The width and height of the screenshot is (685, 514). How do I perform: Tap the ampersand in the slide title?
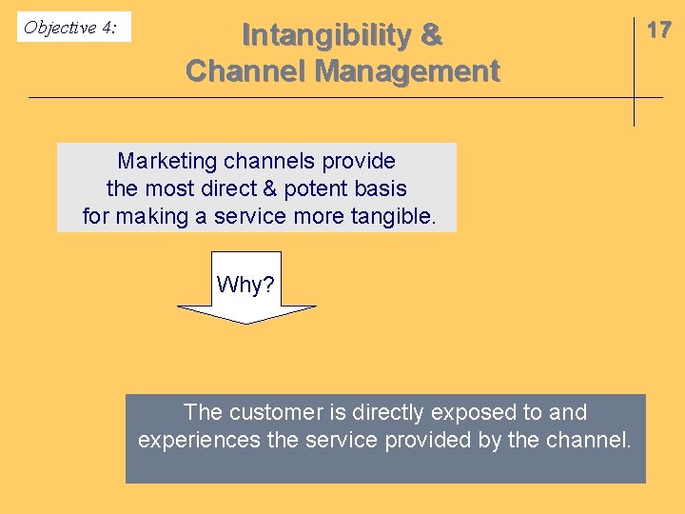(431, 35)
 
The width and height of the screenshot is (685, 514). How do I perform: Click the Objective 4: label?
(70, 28)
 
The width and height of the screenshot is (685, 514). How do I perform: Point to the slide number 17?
(658, 30)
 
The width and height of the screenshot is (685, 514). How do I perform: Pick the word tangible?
(394, 216)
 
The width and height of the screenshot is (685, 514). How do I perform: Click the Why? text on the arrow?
(246, 284)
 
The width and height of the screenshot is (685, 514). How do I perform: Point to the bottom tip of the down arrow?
(246, 323)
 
